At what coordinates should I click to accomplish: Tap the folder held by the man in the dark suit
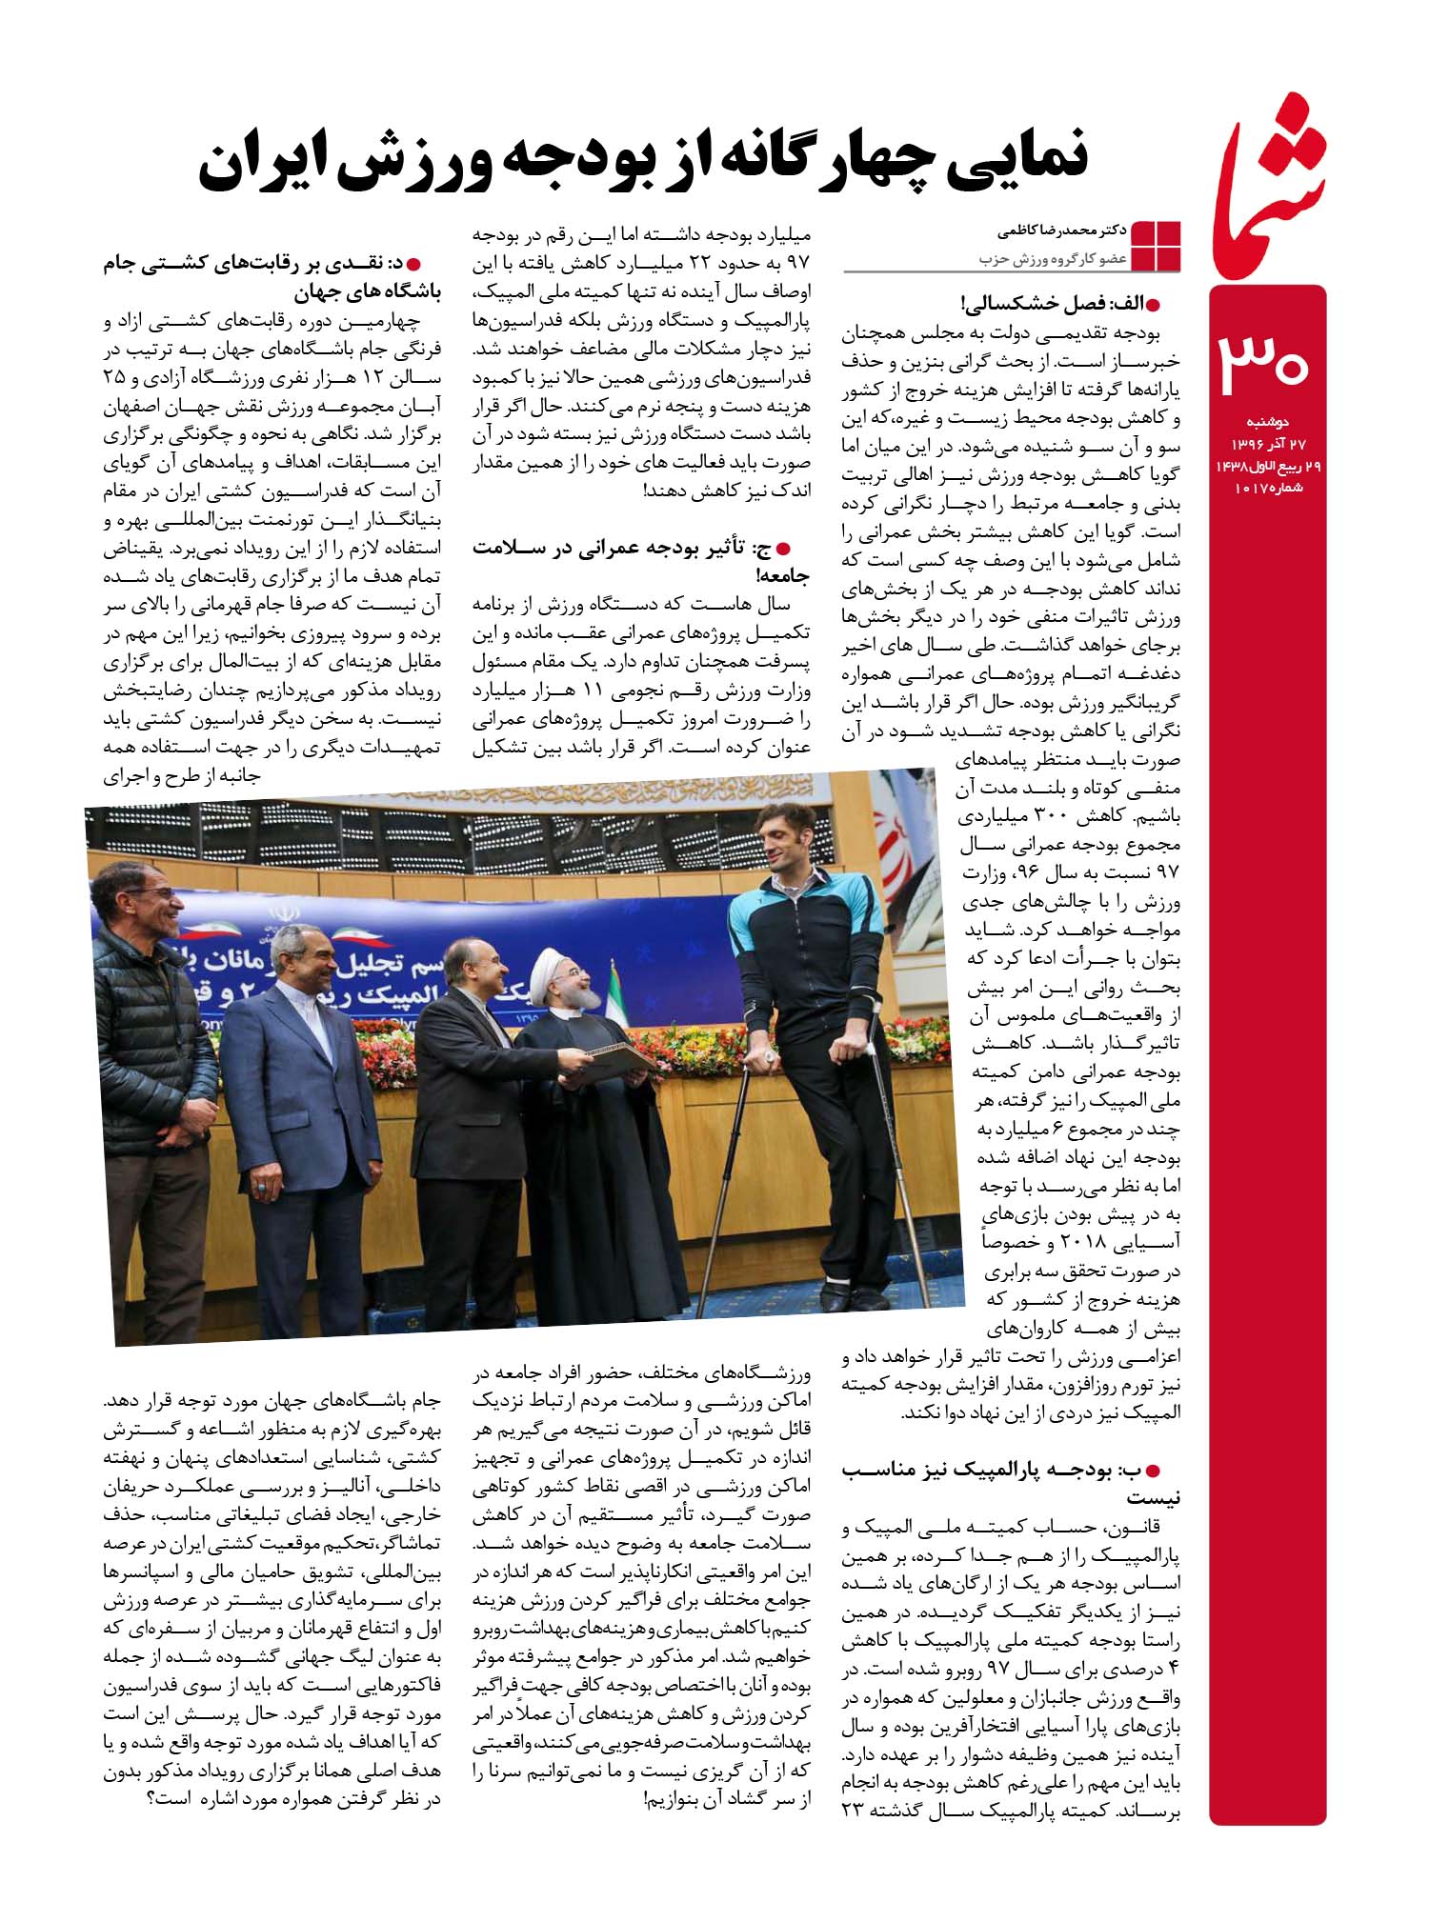pos(619,1057)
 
